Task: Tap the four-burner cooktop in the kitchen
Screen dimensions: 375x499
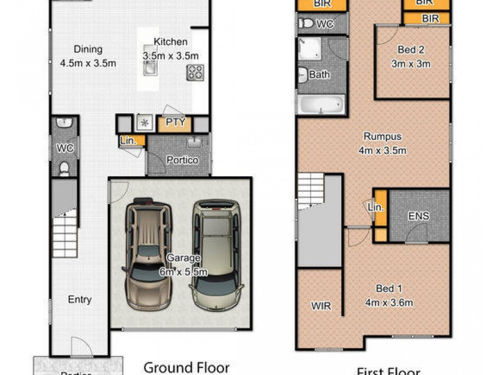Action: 195,72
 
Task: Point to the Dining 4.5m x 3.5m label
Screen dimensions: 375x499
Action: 88,56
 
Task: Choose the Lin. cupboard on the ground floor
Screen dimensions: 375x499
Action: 128,141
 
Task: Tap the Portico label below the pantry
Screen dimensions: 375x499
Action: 182,160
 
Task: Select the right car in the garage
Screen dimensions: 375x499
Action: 216,253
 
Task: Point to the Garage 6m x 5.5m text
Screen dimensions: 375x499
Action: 183,264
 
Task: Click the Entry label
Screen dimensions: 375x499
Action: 79,299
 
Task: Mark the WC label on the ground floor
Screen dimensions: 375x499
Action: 65,148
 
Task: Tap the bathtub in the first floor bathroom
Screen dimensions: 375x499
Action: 320,104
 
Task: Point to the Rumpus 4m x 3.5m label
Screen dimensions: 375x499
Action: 382,143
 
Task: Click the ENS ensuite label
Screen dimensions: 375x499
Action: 419,216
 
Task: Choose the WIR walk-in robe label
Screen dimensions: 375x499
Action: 321,306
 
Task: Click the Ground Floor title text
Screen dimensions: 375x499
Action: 187,367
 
